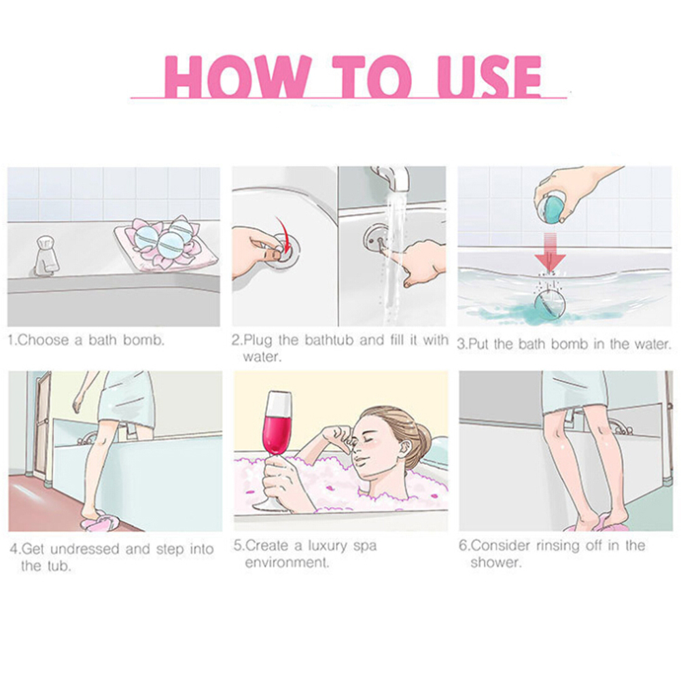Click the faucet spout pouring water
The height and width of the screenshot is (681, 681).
[394, 177]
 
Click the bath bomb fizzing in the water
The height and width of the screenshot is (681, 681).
[549, 303]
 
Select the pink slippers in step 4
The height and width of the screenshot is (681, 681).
[99, 521]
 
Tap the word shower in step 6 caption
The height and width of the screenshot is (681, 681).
[495, 563]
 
